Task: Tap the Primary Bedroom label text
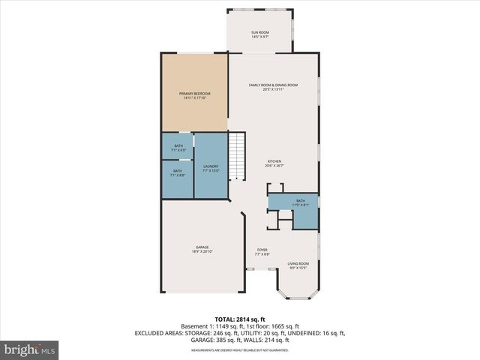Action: pos(194,95)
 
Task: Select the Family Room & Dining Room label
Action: pos(274,87)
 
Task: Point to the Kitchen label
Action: pos(274,163)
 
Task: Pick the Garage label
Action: pos(202,249)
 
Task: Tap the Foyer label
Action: pos(262,251)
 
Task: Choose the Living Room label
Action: pos(298,265)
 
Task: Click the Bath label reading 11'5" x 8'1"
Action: pos(300,202)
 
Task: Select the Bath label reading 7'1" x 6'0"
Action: pos(178,148)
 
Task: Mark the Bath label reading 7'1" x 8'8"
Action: pos(178,172)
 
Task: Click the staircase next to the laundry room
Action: pos(238,156)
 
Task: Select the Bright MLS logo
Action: pos(30,349)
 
